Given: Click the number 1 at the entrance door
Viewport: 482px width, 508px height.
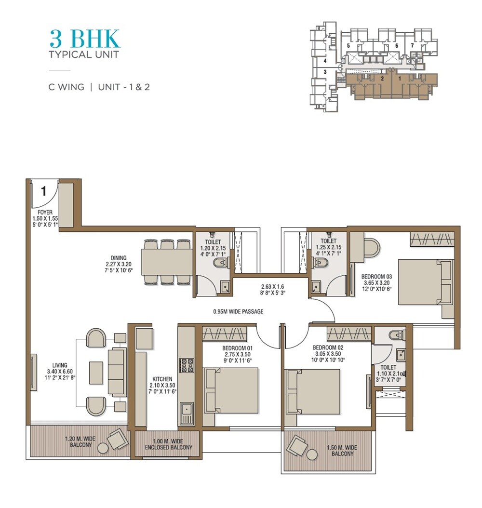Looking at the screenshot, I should (x=43, y=191).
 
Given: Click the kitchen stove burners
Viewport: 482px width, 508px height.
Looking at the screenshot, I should (x=187, y=365).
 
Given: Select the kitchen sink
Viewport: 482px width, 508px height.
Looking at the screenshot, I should (x=187, y=414).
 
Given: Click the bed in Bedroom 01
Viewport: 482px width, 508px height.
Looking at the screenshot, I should (x=231, y=390).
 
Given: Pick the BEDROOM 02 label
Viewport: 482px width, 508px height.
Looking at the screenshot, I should (x=327, y=348).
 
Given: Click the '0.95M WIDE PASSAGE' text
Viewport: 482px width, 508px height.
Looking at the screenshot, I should (x=238, y=311).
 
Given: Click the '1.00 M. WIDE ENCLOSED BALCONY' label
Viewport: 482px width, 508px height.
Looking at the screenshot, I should (x=169, y=444).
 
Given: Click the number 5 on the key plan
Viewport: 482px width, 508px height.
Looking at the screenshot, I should (x=348, y=46).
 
